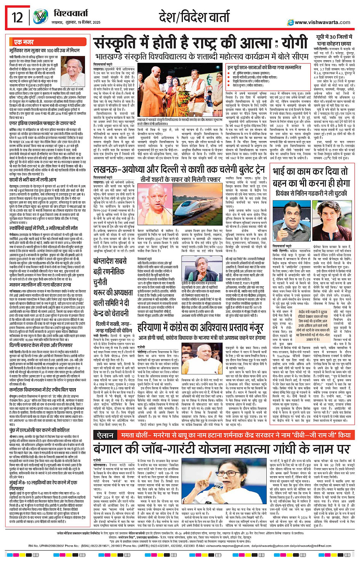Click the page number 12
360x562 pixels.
(x=18, y=17)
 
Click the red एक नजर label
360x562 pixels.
(x=24, y=42)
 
